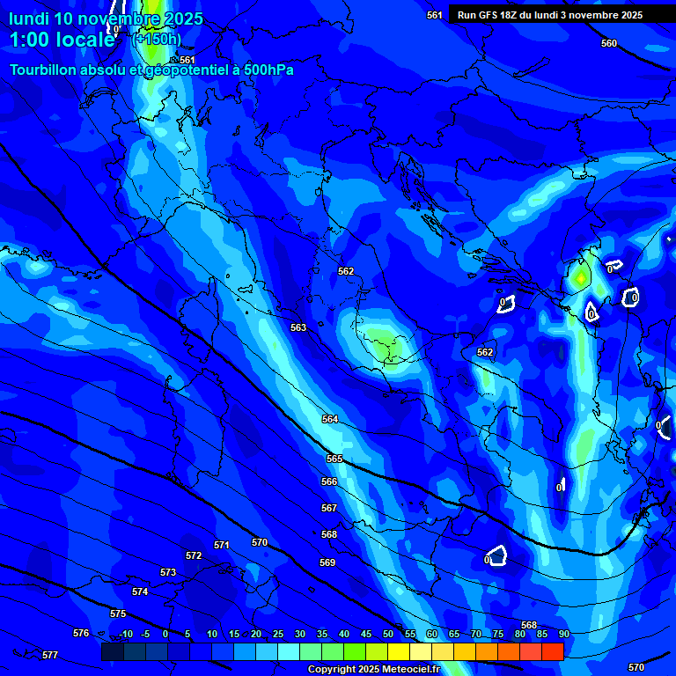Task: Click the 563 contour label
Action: (x=298, y=328)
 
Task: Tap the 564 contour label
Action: (x=330, y=420)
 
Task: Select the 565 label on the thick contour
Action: (x=334, y=459)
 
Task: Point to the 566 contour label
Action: (x=329, y=482)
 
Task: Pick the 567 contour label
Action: (x=329, y=509)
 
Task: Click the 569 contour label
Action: (x=327, y=562)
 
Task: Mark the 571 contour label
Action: (x=222, y=546)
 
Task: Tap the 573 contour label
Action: (x=168, y=573)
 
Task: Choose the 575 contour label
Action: (x=118, y=614)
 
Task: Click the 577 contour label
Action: (x=50, y=656)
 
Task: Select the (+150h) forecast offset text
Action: (x=157, y=39)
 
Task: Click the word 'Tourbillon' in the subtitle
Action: (x=44, y=70)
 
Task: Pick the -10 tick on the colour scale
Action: (x=125, y=634)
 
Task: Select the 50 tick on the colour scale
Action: (x=388, y=634)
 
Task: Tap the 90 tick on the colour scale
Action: (x=564, y=634)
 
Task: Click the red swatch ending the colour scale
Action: (x=552, y=651)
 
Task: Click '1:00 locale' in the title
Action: (x=62, y=40)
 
